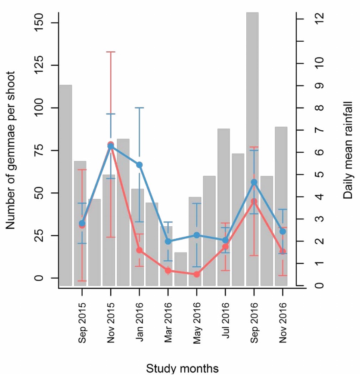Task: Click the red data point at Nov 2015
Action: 111,145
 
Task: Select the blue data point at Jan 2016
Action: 139,165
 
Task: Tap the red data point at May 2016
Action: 196,274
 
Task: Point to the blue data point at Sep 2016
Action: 254,182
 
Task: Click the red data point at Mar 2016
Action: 168,271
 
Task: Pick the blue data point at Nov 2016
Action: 282,231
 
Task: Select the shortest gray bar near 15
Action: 180,269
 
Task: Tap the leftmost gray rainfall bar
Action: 65,185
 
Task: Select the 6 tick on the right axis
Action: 319,152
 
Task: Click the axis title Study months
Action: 182,369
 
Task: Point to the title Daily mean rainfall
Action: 348,150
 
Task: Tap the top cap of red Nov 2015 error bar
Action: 111,52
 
